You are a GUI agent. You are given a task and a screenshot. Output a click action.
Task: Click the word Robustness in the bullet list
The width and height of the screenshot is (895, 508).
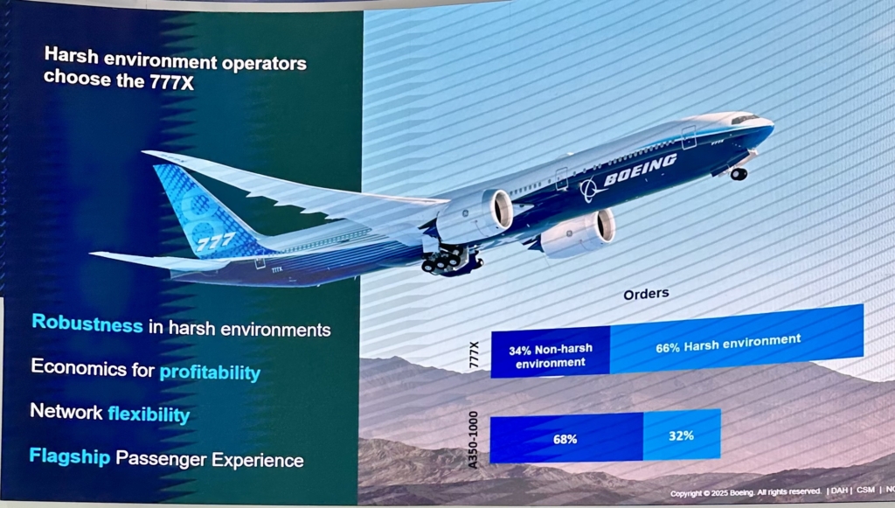(x=87, y=324)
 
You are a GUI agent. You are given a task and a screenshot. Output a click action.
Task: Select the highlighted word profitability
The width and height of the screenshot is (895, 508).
(x=210, y=372)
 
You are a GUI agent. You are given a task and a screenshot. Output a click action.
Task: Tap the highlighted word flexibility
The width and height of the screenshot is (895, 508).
(x=149, y=414)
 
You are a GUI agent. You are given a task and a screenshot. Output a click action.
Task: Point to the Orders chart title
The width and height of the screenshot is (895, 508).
(x=646, y=294)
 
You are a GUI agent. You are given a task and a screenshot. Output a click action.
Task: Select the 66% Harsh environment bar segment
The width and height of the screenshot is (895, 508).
(x=736, y=341)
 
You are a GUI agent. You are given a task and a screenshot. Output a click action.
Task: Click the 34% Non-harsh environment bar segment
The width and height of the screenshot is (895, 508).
(x=550, y=355)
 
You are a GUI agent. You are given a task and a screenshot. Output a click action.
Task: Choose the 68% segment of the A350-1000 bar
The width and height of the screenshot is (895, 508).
(x=565, y=439)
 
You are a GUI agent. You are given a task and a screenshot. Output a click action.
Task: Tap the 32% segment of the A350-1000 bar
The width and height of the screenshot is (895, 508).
(x=681, y=435)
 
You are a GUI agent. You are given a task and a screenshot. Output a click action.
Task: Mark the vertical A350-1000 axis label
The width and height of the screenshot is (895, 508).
(x=474, y=440)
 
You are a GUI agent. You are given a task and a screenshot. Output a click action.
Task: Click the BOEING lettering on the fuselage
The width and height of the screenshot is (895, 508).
(x=640, y=170)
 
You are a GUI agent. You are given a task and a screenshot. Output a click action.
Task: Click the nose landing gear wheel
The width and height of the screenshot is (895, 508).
(x=739, y=174)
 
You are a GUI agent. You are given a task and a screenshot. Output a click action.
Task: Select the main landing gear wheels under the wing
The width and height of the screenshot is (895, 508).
(x=446, y=260)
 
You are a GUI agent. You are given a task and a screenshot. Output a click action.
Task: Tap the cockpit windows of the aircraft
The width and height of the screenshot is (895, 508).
(x=744, y=119)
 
